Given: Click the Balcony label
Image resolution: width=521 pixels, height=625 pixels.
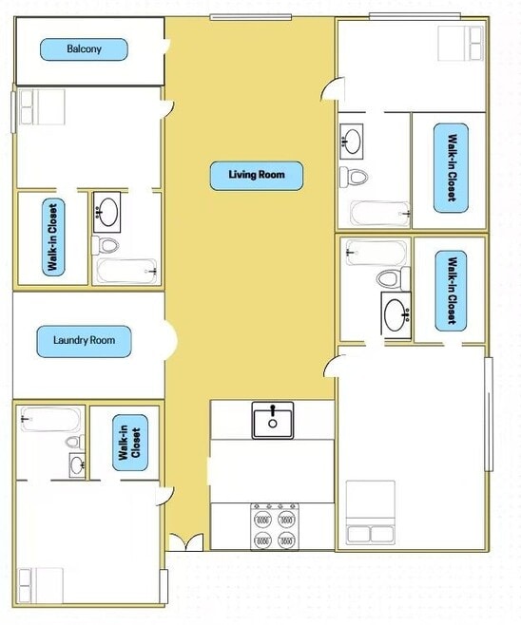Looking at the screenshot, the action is pyautogui.click(x=84, y=49).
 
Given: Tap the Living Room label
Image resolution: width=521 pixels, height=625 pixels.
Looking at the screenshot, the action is pyautogui.click(x=257, y=176).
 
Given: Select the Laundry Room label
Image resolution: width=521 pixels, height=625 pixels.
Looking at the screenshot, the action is pyautogui.click(x=84, y=341).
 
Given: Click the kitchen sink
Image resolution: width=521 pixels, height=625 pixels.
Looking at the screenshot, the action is pyautogui.click(x=273, y=420).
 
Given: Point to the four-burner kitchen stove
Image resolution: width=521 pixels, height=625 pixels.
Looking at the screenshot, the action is pyautogui.click(x=275, y=526).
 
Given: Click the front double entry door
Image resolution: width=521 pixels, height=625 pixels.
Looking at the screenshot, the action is pyautogui.click(x=186, y=542).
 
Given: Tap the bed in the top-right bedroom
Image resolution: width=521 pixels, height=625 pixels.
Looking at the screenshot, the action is pyautogui.click(x=460, y=43).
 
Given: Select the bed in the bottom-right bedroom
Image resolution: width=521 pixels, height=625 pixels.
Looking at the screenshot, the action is pyautogui.click(x=371, y=512).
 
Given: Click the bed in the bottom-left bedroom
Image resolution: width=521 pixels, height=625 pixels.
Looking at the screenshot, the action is pyautogui.click(x=41, y=585).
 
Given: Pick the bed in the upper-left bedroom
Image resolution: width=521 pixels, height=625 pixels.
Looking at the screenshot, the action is pyautogui.click(x=42, y=106).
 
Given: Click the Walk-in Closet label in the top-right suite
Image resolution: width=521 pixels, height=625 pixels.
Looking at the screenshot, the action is pyautogui.click(x=451, y=168).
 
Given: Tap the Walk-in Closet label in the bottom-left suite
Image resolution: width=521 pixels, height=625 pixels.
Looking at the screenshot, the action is pyautogui.click(x=130, y=443).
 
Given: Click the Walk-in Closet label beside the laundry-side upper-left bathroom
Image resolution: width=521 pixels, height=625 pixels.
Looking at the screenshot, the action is pyautogui.click(x=53, y=237).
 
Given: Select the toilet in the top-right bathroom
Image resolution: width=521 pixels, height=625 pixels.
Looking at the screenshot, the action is pyautogui.click(x=354, y=177).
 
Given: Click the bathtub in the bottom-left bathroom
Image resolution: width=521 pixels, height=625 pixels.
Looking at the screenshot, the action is pyautogui.click(x=50, y=419).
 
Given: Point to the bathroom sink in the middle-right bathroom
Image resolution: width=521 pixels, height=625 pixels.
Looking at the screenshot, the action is pyautogui.click(x=396, y=315).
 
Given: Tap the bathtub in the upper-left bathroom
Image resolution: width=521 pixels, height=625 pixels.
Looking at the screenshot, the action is pyautogui.click(x=126, y=271).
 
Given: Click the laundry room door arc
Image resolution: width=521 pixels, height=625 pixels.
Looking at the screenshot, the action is pyautogui.click(x=170, y=341).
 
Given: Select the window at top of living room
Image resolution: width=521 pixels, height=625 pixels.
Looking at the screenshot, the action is pyautogui.click(x=251, y=17).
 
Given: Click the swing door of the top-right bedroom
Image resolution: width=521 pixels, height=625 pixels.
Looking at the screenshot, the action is pyautogui.click(x=332, y=89).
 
